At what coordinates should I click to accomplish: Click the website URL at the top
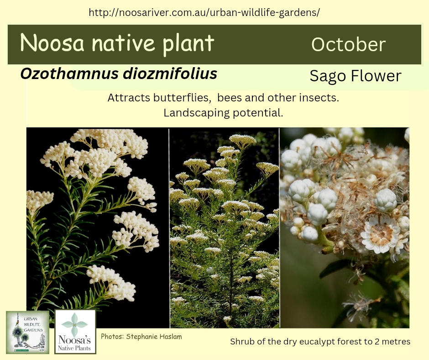tap(204, 12)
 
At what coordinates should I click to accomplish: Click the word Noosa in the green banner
tap(52, 43)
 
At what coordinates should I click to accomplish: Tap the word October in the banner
tap(348, 44)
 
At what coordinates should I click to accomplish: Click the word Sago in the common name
tap(328, 76)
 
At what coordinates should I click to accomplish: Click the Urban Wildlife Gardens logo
tap(28, 332)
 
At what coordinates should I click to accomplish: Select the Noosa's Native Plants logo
tap(75, 332)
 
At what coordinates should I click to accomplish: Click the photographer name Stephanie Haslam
tap(154, 337)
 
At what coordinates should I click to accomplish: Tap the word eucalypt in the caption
tap(316, 342)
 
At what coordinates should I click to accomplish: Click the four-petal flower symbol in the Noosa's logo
tap(74, 325)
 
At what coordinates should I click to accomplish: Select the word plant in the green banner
tap(188, 44)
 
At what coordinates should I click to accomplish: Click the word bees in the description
tap(230, 98)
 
